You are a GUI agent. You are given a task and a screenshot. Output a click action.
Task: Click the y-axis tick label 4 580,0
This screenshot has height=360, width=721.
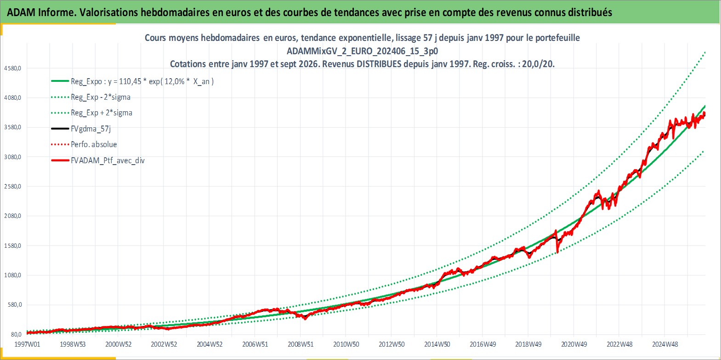click(x=12, y=68)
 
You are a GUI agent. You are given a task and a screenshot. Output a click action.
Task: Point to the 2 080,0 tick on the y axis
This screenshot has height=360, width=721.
click(x=12, y=216)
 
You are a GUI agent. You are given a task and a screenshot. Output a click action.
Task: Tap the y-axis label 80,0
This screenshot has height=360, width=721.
click(x=16, y=335)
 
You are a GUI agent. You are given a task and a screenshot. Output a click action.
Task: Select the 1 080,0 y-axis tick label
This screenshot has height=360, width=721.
click(x=12, y=275)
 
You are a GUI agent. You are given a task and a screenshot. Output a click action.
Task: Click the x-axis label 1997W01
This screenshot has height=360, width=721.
click(x=28, y=344)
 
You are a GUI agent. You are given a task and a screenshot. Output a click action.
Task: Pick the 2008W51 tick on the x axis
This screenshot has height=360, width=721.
click(x=301, y=344)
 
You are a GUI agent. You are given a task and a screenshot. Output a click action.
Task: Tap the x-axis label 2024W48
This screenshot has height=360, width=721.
click(x=665, y=344)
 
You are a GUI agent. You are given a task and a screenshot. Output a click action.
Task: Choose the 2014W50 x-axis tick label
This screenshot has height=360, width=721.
click(x=437, y=344)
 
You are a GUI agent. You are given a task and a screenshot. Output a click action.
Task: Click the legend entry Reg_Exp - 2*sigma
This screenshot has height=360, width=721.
click(x=91, y=97)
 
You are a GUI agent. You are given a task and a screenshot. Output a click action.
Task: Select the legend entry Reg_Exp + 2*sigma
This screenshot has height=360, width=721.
click(x=92, y=113)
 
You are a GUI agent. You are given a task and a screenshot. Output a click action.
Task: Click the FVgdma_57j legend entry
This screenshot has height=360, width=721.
click(x=81, y=129)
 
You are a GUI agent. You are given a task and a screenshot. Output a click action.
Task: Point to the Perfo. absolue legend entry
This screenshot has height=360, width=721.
click(x=84, y=144)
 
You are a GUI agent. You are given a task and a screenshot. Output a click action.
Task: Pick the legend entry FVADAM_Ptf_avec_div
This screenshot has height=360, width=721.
click(x=98, y=160)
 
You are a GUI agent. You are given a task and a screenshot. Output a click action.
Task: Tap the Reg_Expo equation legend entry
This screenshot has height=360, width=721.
click(x=132, y=81)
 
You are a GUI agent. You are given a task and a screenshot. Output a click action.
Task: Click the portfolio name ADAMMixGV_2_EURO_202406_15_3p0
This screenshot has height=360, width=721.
click(x=362, y=51)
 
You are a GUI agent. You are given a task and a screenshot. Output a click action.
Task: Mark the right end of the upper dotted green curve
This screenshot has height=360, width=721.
click(x=705, y=51)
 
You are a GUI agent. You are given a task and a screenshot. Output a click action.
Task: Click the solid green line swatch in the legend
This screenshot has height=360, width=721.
click(x=60, y=81)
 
